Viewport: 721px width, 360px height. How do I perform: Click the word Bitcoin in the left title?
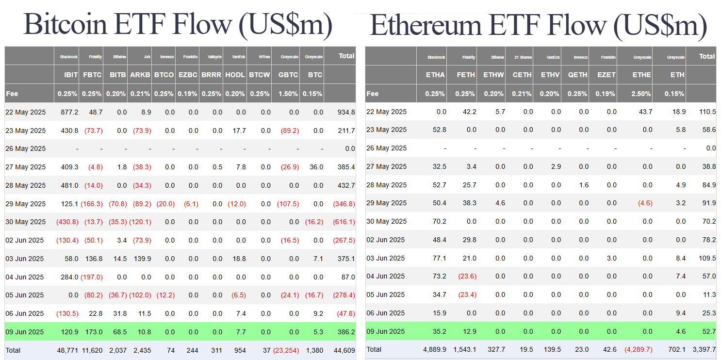(x=66, y=23)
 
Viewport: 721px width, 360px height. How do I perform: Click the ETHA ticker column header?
(x=435, y=75)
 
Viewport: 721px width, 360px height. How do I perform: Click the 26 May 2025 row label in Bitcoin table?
(x=25, y=148)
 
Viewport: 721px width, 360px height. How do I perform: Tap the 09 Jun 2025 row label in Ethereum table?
(x=385, y=332)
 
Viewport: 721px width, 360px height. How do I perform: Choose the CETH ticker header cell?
(x=522, y=75)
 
